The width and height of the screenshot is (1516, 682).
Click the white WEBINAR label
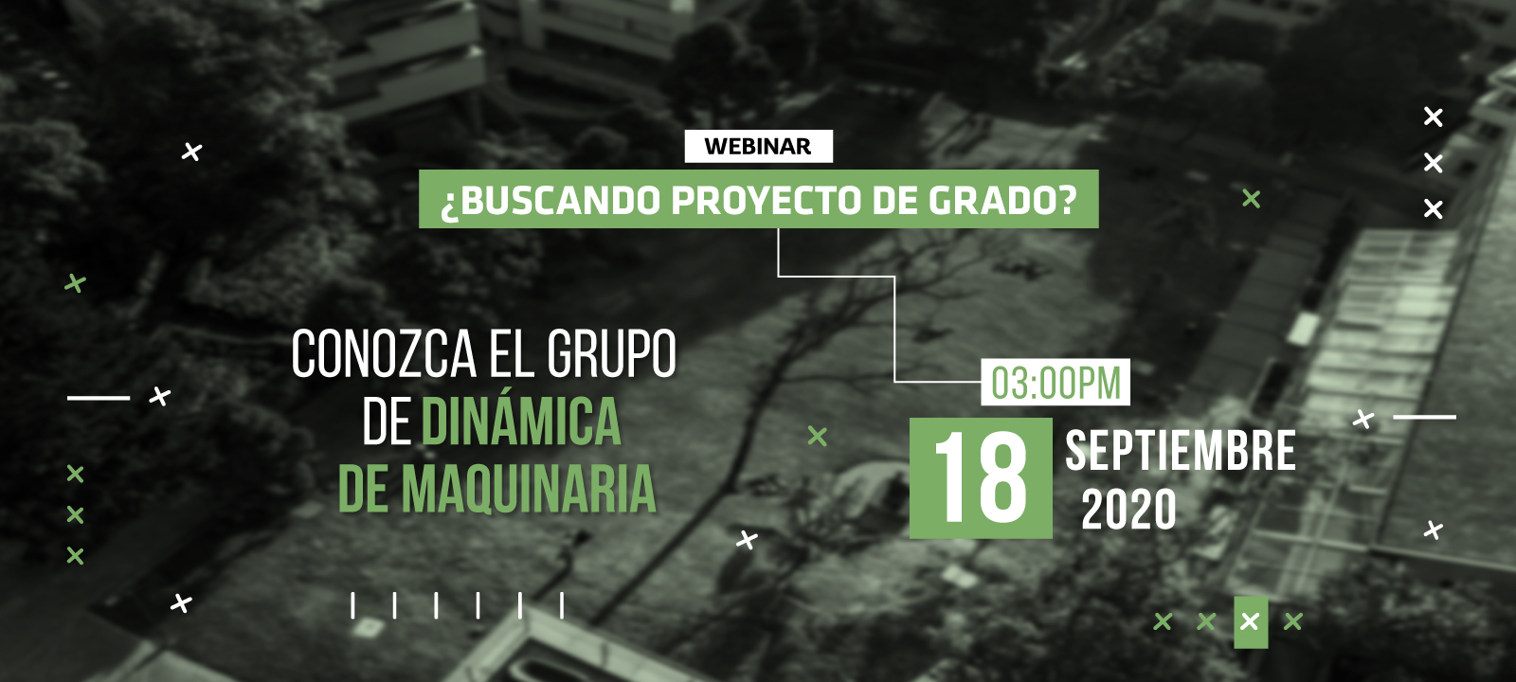tap(758, 146)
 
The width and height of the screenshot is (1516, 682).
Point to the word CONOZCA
tap(384, 353)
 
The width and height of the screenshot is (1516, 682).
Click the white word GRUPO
tap(611, 353)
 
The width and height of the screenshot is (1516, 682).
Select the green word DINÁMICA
tap(521, 420)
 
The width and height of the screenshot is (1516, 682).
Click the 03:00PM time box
tap(1056, 383)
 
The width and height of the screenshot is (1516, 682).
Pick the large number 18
tap(981, 478)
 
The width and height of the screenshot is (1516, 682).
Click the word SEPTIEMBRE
tap(1181, 451)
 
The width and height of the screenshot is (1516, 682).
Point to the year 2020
tap(1128, 510)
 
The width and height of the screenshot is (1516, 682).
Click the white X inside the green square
tap(1250, 621)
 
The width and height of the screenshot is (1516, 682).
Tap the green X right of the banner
tap(1252, 199)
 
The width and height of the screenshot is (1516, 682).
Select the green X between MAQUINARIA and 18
tap(818, 437)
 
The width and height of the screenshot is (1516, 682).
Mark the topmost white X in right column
tap(1434, 117)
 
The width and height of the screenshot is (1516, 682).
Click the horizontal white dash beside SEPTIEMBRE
tap(1425, 417)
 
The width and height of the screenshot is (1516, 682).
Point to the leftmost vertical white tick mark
tap(352, 605)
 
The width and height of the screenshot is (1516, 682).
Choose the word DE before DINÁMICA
tap(387, 421)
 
